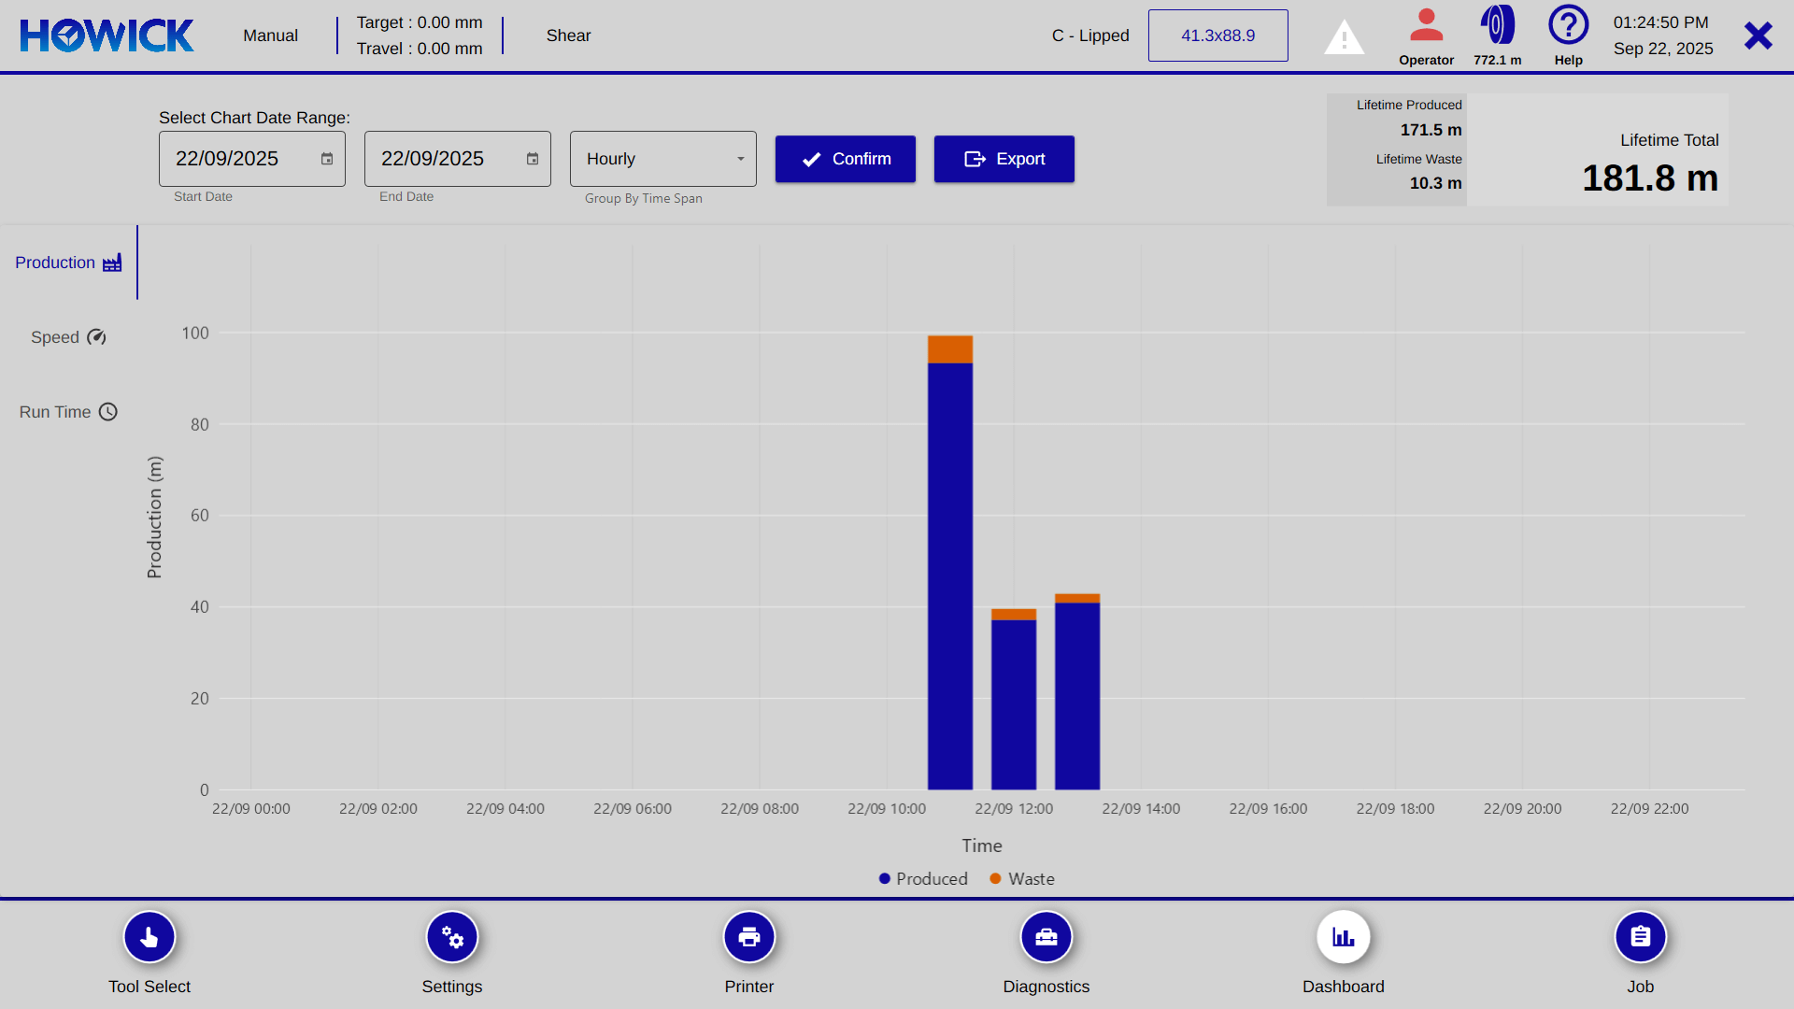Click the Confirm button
click(x=845, y=159)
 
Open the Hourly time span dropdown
click(x=662, y=159)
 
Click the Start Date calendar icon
click(x=327, y=159)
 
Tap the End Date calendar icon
click(x=533, y=159)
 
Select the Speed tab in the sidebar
click(x=68, y=337)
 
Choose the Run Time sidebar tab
click(x=68, y=412)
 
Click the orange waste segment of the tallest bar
click(x=950, y=348)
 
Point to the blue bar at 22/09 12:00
click(x=1014, y=704)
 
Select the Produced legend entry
click(x=923, y=879)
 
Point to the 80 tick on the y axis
click(x=199, y=424)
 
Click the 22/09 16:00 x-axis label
click(x=1268, y=809)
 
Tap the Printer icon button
click(x=749, y=937)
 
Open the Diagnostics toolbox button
click(x=1046, y=937)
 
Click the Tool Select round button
click(x=149, y=937)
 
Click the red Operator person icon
click(x=1426, y=26)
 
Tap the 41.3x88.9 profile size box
click(x=1217, y=36)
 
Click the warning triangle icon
click(x=1344, y=37)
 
